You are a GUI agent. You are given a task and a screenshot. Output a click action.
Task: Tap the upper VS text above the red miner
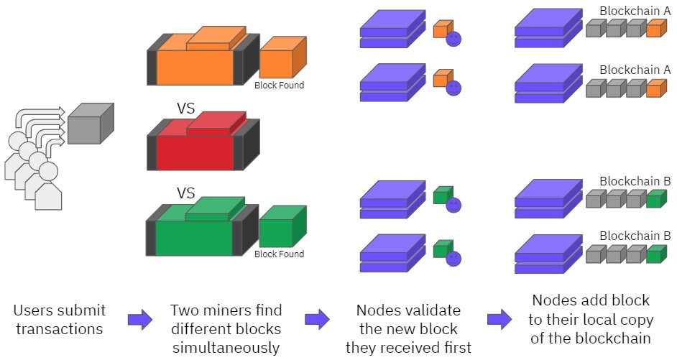187,109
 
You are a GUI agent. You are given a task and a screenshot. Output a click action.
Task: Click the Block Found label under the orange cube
279,85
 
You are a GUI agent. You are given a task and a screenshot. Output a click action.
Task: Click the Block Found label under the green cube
279,254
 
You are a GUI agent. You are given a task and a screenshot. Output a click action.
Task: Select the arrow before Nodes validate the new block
316,320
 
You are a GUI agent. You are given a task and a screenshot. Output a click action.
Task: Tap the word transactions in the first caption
59,328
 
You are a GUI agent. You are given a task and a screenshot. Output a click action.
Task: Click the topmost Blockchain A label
635,11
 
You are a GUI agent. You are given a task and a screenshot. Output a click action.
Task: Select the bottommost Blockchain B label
635,236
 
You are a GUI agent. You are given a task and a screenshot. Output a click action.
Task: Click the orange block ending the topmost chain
655,29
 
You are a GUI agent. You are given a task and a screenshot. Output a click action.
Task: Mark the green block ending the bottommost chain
655,255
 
